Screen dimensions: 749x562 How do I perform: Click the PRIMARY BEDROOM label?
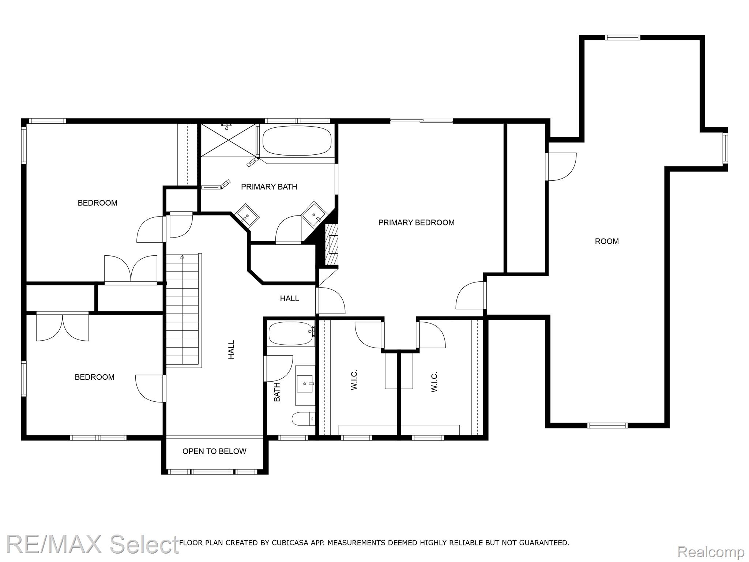click(x=416, y=222)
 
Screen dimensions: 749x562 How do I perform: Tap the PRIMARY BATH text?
click(x=269, y=187)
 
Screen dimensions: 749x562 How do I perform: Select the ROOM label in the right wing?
click(x=607, y=241)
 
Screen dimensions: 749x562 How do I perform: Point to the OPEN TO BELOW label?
click(x=214, y=451)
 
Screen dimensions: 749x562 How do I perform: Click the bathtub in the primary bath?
click(x=297, y=141)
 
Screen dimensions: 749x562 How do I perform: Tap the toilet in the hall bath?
click(x=304, y=419)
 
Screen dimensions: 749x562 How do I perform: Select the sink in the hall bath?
click(x=305, y=384)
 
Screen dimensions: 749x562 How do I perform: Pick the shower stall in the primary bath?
click(x=228, y=140)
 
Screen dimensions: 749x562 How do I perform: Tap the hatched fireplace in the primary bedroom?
click(x=332, y=244)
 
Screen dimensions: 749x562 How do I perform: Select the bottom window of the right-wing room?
click(x=607, y=425)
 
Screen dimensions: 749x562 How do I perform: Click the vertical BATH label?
click(x=277, y=392)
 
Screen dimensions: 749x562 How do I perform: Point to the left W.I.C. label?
click(x=354, y=380)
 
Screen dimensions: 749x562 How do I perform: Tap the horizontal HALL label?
click(x=289, y=299)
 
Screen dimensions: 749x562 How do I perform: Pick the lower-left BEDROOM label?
click(x=94, y=377)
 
